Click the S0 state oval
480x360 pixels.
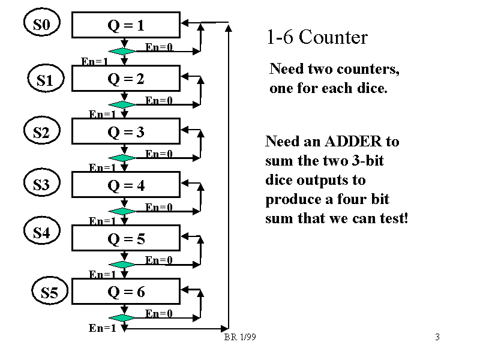tap(41, 25)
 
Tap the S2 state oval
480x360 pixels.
tap(41, 133)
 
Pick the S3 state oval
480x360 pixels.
tap(41, 185)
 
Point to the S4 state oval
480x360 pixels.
tap(41, 232)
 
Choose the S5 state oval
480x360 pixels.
tap(50, 293)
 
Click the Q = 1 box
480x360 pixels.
tap(125, 26)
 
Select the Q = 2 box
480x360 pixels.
tap(125, 79)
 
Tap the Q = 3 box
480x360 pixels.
tap(125, 132)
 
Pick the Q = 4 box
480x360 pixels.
tap(125, 185)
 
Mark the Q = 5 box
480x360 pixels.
tap(125, 239)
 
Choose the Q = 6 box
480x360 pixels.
tap(125, 292)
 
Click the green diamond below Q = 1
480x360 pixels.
tap(124, 52)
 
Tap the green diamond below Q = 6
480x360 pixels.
tap(124, 318)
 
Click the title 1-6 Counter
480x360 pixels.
tap(316, 38)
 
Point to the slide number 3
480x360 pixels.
tap(437, 337)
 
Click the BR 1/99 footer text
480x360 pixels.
tap(240, 338)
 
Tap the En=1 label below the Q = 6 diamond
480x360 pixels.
tap(102, 328)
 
